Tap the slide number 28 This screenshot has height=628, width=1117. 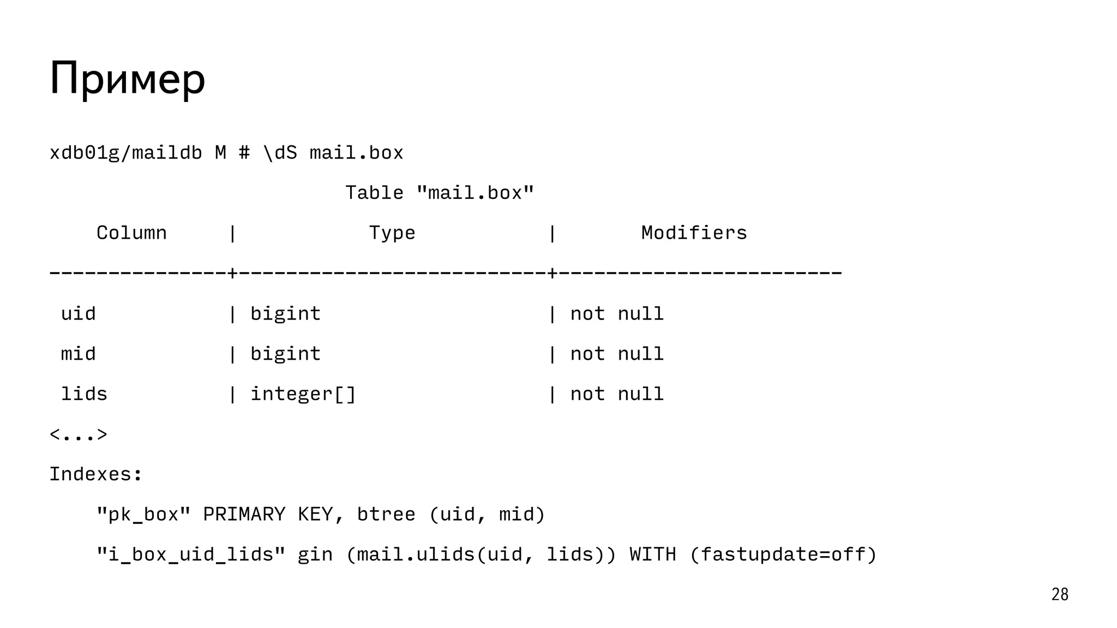click(1059, 594)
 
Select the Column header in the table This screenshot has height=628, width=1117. click(131, 233)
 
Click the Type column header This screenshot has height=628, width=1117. click(392, 233)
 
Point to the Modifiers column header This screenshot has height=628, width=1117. click(693, 233)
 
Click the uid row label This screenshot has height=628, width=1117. click(78, 313)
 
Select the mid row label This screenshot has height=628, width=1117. click(78, 354)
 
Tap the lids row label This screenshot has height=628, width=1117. click(84, 394)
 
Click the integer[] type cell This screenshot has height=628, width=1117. click(303, 394)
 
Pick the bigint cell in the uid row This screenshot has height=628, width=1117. click(285, 313)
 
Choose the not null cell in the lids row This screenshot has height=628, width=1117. click(616, 394)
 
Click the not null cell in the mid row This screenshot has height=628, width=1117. click(616, 354)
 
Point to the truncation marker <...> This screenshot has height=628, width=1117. click(79, 434)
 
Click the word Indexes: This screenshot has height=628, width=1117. click(96, 474)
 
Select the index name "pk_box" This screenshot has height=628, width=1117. click(143, 514)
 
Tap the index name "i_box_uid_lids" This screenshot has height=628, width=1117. click(191, 554)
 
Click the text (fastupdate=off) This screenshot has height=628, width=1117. click(783, 554)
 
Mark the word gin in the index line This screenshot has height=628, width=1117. click(315, 554)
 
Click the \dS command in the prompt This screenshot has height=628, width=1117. click(280, 153)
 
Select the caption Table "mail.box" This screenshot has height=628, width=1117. click(440, 192)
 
